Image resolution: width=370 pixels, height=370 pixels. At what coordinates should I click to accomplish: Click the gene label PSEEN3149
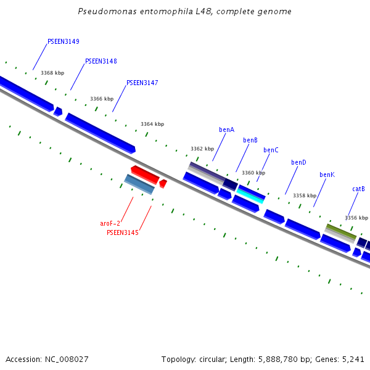(63, 42)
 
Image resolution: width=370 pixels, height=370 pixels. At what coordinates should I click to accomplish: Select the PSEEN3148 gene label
(101, 62)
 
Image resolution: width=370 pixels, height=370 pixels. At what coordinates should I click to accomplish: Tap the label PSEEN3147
(142, 83)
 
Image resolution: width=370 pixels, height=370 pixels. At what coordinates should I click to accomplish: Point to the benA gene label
(226, 130)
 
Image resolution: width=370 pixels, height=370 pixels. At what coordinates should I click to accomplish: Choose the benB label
(250, 141)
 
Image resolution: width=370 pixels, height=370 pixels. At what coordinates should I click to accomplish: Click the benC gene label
(271, 150)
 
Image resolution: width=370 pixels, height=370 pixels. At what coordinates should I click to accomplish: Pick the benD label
(298, 163)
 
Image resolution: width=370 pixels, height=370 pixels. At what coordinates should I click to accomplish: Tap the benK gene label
(327, 175)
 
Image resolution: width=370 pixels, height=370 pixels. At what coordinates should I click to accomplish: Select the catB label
(358, 189)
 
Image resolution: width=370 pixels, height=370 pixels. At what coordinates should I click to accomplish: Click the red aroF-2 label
(110, 223)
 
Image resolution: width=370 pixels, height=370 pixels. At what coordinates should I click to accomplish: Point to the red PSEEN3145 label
(122, 233)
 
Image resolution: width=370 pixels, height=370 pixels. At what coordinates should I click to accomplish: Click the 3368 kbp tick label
(52, 73)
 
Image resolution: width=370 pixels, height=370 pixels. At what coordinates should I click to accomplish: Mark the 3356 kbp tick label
(356, 218)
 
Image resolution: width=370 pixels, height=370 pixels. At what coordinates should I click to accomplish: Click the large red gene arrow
(145, 174)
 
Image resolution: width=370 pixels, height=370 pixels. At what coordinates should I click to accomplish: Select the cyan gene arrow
(251, 195)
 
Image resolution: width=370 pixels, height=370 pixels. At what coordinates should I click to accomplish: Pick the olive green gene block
(340, 232)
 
